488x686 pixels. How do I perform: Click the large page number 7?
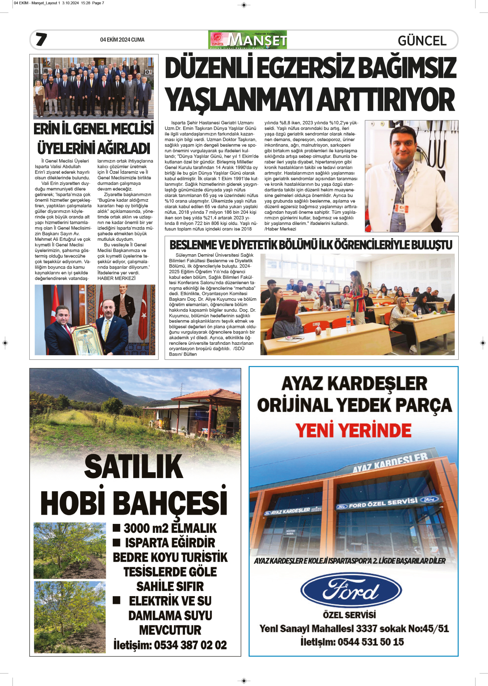point(41,39)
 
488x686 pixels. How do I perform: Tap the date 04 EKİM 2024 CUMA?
point(122,40)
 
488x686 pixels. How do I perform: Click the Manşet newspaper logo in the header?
point(247,40)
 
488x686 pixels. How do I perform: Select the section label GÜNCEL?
point(422,41)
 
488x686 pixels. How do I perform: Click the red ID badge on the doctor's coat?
point(401,208)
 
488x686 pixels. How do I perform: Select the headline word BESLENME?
point(193,245)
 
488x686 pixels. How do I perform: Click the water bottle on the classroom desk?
point(348,324)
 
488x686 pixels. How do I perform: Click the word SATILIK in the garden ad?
point(134,466)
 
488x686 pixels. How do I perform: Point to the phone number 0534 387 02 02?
point(190,645)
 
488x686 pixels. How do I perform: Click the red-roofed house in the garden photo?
point(195,412)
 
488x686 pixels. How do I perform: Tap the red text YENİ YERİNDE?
point(353,430)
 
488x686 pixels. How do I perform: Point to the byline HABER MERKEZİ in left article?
point(116,278)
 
